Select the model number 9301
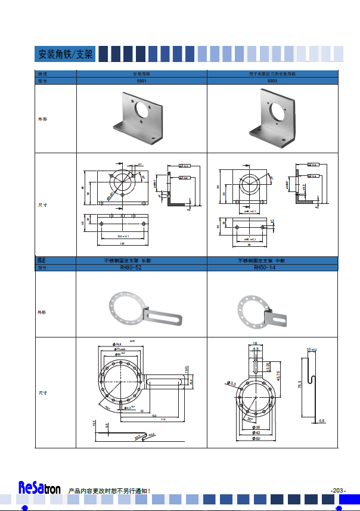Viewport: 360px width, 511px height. pyautogui.click(x=142, y=80)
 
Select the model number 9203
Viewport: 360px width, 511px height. pyautogui.click(x=272, y=80)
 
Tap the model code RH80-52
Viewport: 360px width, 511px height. pyautogui.click(x=141, y=268)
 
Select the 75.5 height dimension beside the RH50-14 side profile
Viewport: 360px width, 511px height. pyautogui.click(x=300, y=385)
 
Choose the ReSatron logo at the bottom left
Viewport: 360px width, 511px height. pyautogui.click(x=39, y=488)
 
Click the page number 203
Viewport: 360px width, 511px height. pyautogui.click(x=338, y=490)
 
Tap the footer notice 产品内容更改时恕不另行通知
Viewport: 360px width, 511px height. pyautogui.click(x=109, y=490)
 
